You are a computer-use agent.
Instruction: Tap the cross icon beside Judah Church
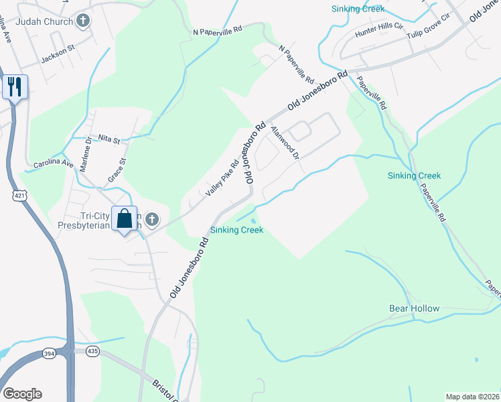(x=84, y=21)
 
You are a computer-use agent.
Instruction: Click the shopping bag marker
(x=125, y=218)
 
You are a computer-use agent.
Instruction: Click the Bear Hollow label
(x=415, y=309)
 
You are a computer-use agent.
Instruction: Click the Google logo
(x=22, y=394)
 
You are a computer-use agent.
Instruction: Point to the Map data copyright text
(x=473, y=397)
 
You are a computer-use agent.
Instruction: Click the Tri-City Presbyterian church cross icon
(x=152, y=218)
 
